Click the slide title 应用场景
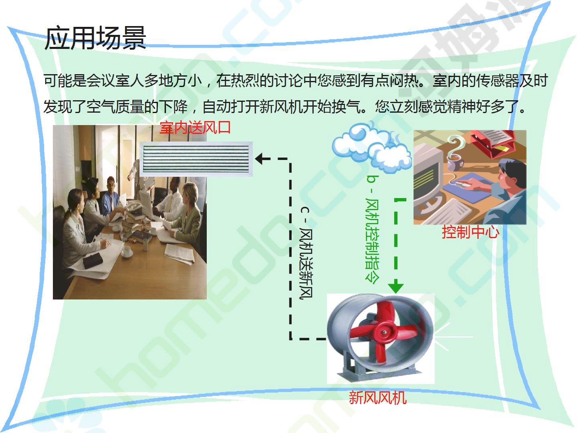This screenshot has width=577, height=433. tap(95, 38)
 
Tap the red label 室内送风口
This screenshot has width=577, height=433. tap(195, 128)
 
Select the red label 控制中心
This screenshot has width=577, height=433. tap(470, 232)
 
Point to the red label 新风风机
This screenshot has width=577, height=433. tap(377, 397)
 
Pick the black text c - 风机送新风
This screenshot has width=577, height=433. tap(306, 253)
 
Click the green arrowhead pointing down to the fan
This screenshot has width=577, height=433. tap(395, 288)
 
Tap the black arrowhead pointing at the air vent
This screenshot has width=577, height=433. tap(259, 158)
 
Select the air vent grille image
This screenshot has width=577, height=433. tap(196, 159)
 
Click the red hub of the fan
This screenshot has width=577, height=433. tap(384, 333)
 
